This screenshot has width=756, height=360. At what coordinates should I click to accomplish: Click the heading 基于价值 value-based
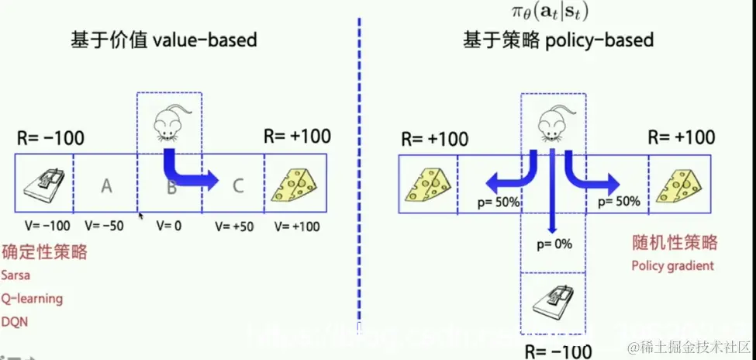coord(164,39)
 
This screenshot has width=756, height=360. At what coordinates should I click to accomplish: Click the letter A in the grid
coord(106,185)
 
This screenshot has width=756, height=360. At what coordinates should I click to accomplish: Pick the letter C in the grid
coord(237,185)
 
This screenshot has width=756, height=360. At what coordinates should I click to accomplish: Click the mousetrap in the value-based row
coord(44,184)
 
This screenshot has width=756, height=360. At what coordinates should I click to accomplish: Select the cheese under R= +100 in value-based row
coord(295,184)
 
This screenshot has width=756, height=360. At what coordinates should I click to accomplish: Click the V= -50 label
coord(105,226)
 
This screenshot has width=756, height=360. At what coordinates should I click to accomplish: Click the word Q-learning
coord(32,299)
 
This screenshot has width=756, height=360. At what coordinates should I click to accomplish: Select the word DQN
coord(15,321)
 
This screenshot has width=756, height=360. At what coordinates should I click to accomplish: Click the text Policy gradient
coord(672,266)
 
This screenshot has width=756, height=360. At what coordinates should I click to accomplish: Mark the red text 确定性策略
coord(44,252)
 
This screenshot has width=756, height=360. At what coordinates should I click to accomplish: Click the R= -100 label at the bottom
coord(558,350)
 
